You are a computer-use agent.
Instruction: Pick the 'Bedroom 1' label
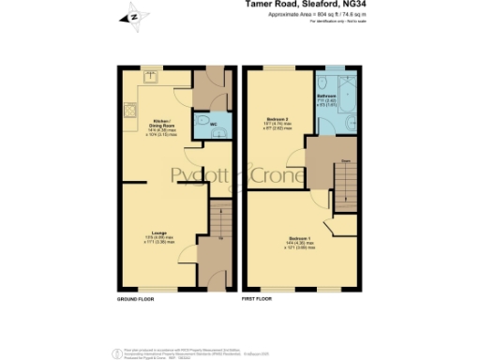tap(298, 239)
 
